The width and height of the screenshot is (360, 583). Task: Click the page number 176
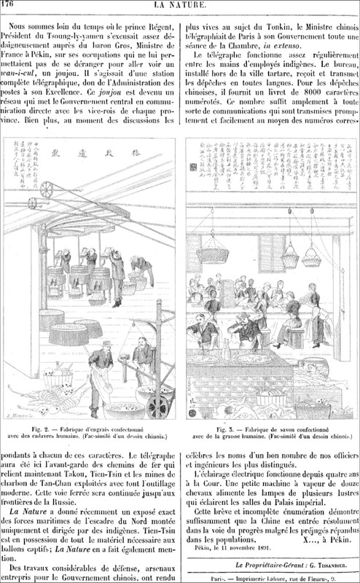tap(11, 6)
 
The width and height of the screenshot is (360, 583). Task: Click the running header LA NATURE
tap(181, 6)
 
